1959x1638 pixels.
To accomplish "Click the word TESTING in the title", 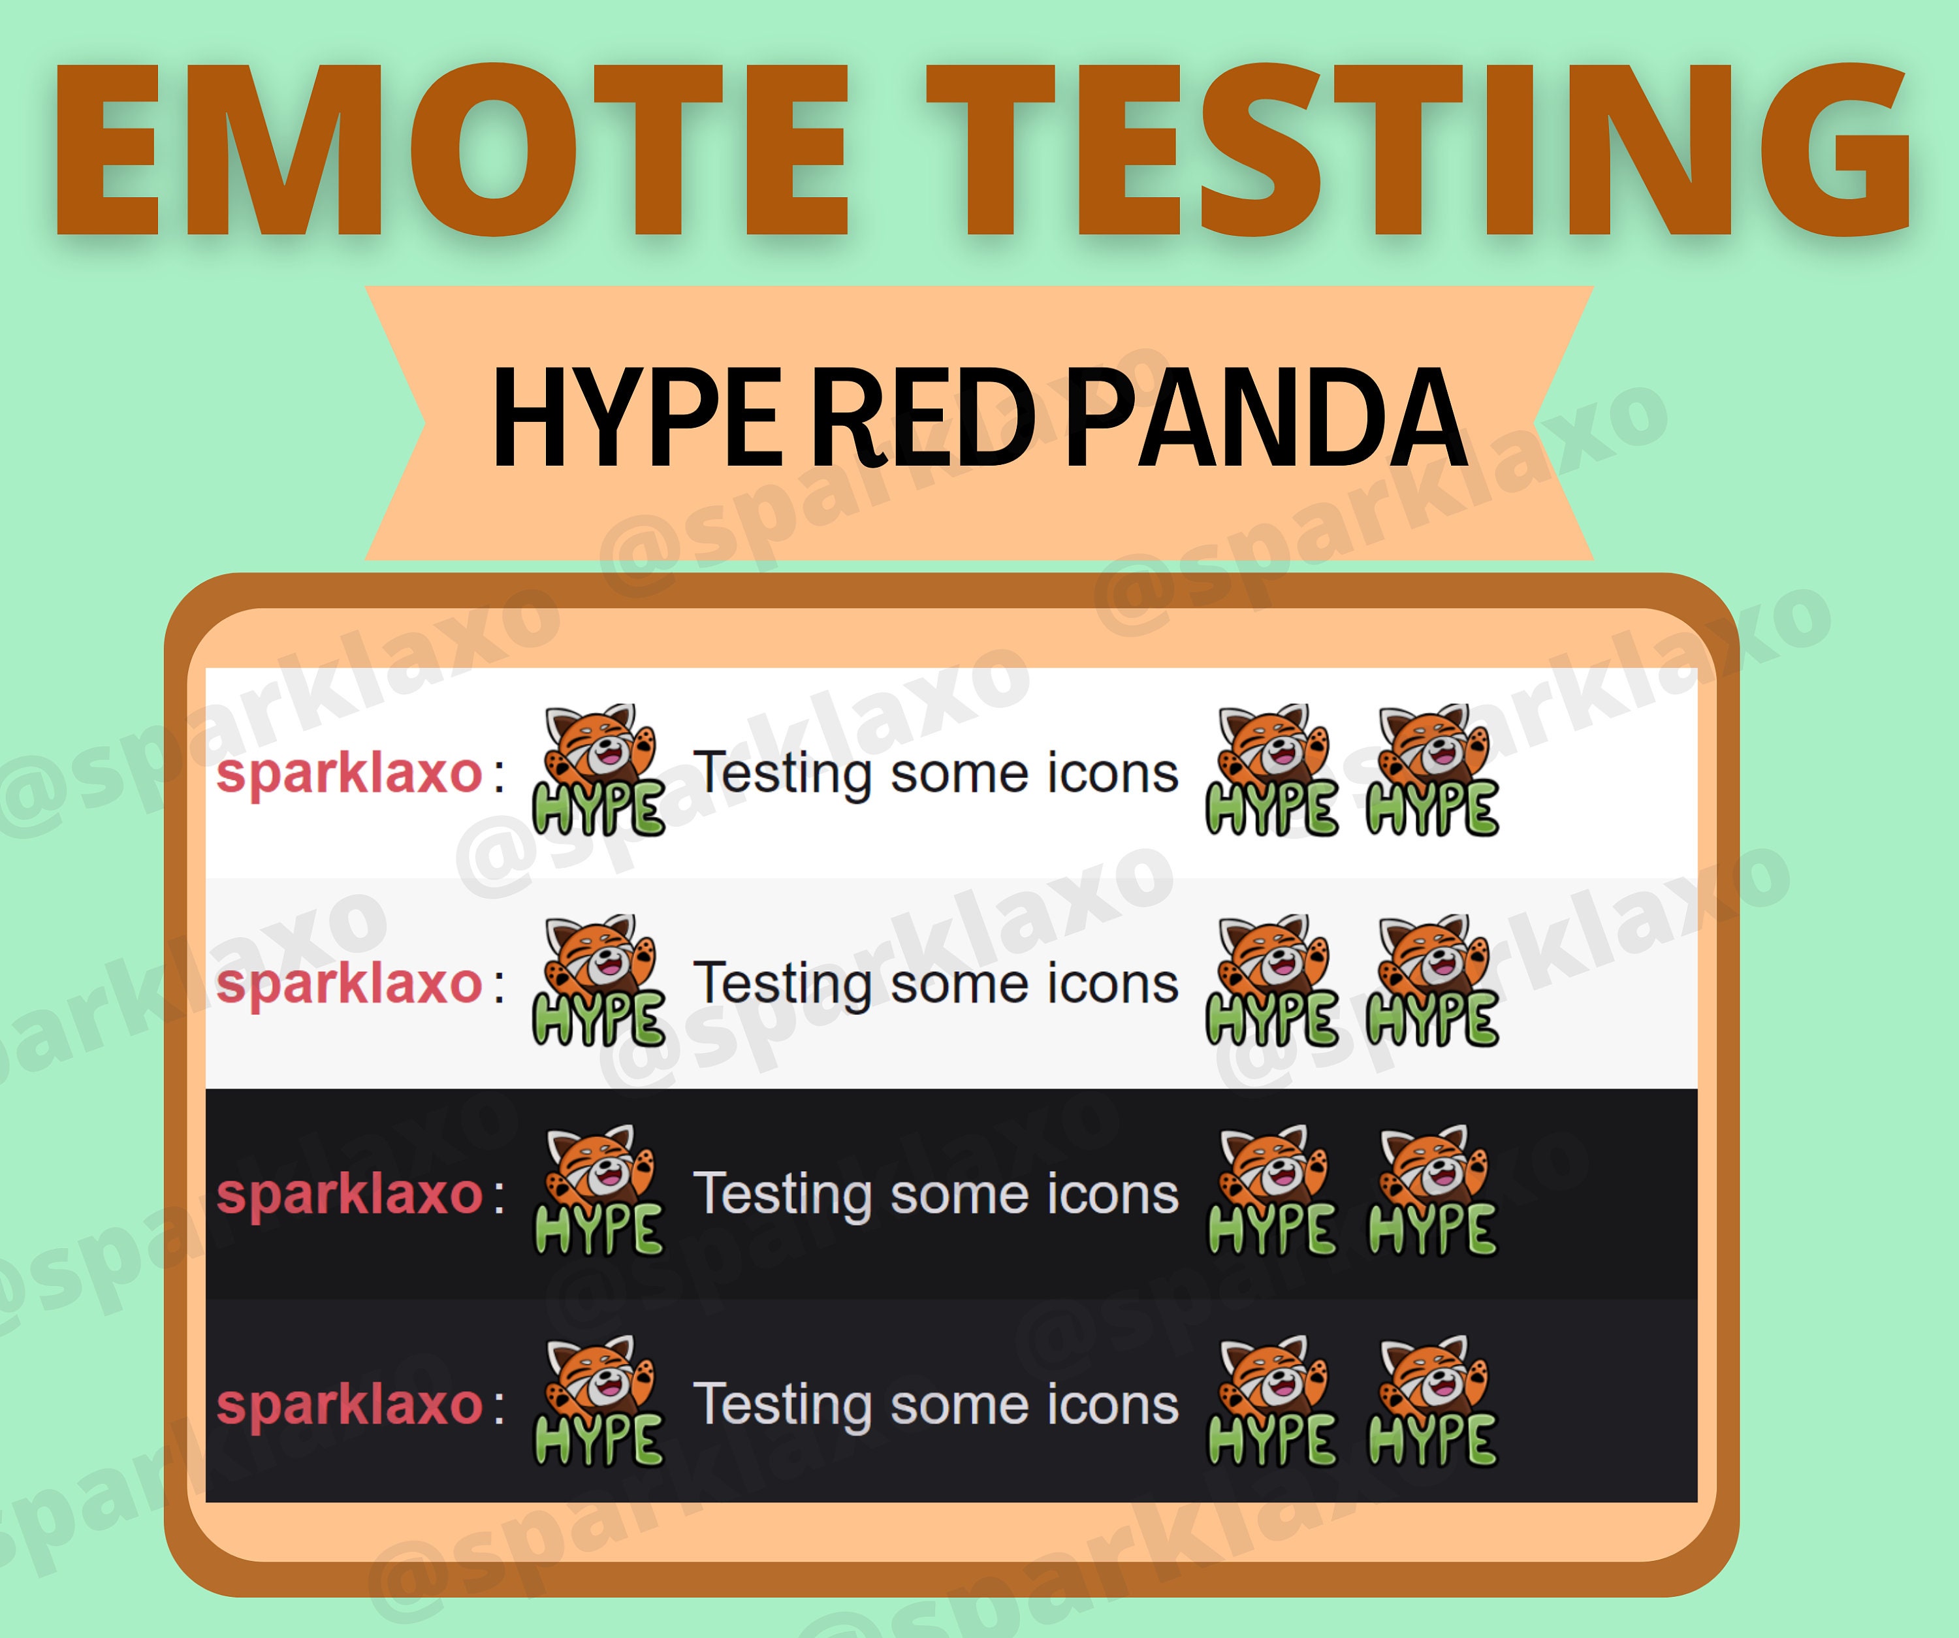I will pyautogui.click(x=1418, y=150).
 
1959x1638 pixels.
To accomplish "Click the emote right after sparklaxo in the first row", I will pyautogui.click(x=599, y=771).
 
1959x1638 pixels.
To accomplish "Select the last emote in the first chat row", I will pyautogui.click(x=1433, y=771).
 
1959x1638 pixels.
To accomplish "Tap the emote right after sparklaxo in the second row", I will pyautogui.click(x=599, y=982).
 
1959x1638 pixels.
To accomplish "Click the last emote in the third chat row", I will pyautogui.click(x=1433, y=1191).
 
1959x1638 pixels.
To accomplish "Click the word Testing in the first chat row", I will pyautogui.click(x=783, y=773).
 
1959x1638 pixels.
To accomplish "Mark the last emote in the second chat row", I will pyautogui.click(x=1433, y=982).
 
